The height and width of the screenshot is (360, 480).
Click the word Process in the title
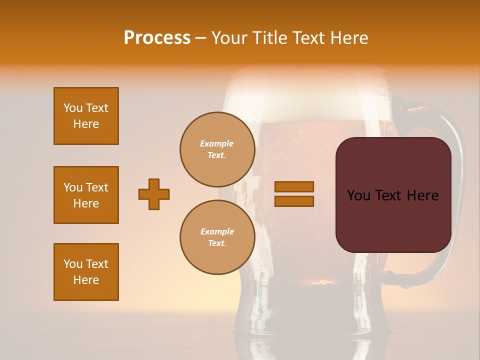157,38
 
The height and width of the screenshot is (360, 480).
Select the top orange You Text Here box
86,116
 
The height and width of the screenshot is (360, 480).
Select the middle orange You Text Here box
86,195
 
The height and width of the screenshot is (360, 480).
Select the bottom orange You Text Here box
86,272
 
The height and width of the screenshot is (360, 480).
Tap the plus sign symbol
154,194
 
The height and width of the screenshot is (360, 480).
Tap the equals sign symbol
294,194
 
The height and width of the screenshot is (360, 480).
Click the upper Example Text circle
217,149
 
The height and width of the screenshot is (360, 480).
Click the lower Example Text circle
217,237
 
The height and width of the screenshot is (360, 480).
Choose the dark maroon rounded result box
393,195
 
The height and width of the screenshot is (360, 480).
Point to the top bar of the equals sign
294,187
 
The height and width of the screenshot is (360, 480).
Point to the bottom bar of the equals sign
294,201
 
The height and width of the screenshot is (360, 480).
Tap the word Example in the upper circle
217,143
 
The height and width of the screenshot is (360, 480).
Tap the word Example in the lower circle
217,231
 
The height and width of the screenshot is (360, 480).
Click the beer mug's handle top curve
425,108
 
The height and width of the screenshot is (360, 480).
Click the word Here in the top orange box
86,124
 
